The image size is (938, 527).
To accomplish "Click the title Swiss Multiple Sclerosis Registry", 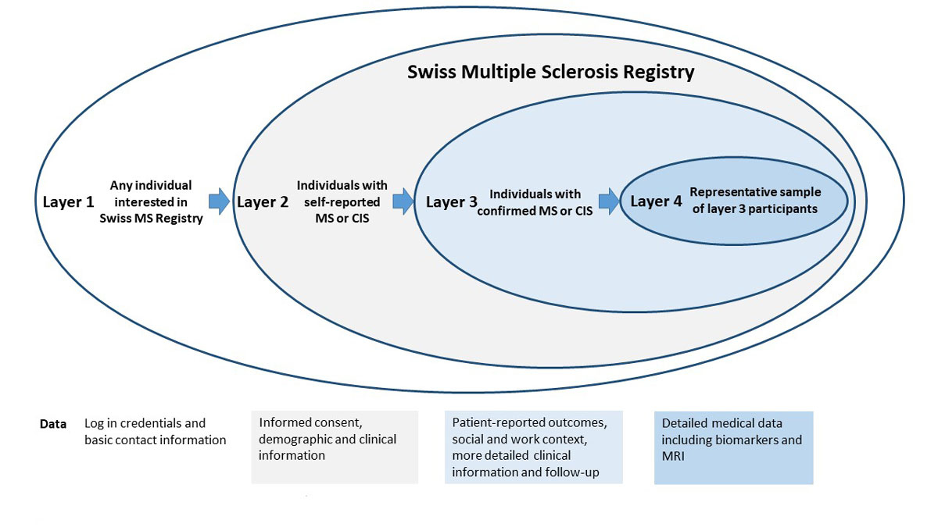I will click(x=550, y=73).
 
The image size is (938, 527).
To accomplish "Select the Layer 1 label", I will click(x=68, y=202).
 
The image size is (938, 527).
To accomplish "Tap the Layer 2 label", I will click(x=263, y=202).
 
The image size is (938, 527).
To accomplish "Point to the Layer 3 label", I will click(x=452, y=202).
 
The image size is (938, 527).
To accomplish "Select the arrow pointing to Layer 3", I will click(x=403, y=201).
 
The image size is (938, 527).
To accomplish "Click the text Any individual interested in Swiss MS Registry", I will click(x=151, y=202).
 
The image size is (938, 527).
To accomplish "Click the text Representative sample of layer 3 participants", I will click(x=754, y=200).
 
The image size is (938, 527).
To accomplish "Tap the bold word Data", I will click(x=53, y=425).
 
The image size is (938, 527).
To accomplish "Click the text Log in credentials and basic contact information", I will click(x=155, y=432).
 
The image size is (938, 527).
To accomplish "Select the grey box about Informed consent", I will click(x=335, y=447).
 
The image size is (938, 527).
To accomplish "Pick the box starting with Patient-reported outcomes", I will click(x=533, y=447).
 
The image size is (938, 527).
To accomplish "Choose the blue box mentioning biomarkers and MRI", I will click(x=733, y=447).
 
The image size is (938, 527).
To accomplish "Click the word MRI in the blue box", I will click(x=675, y=455).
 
